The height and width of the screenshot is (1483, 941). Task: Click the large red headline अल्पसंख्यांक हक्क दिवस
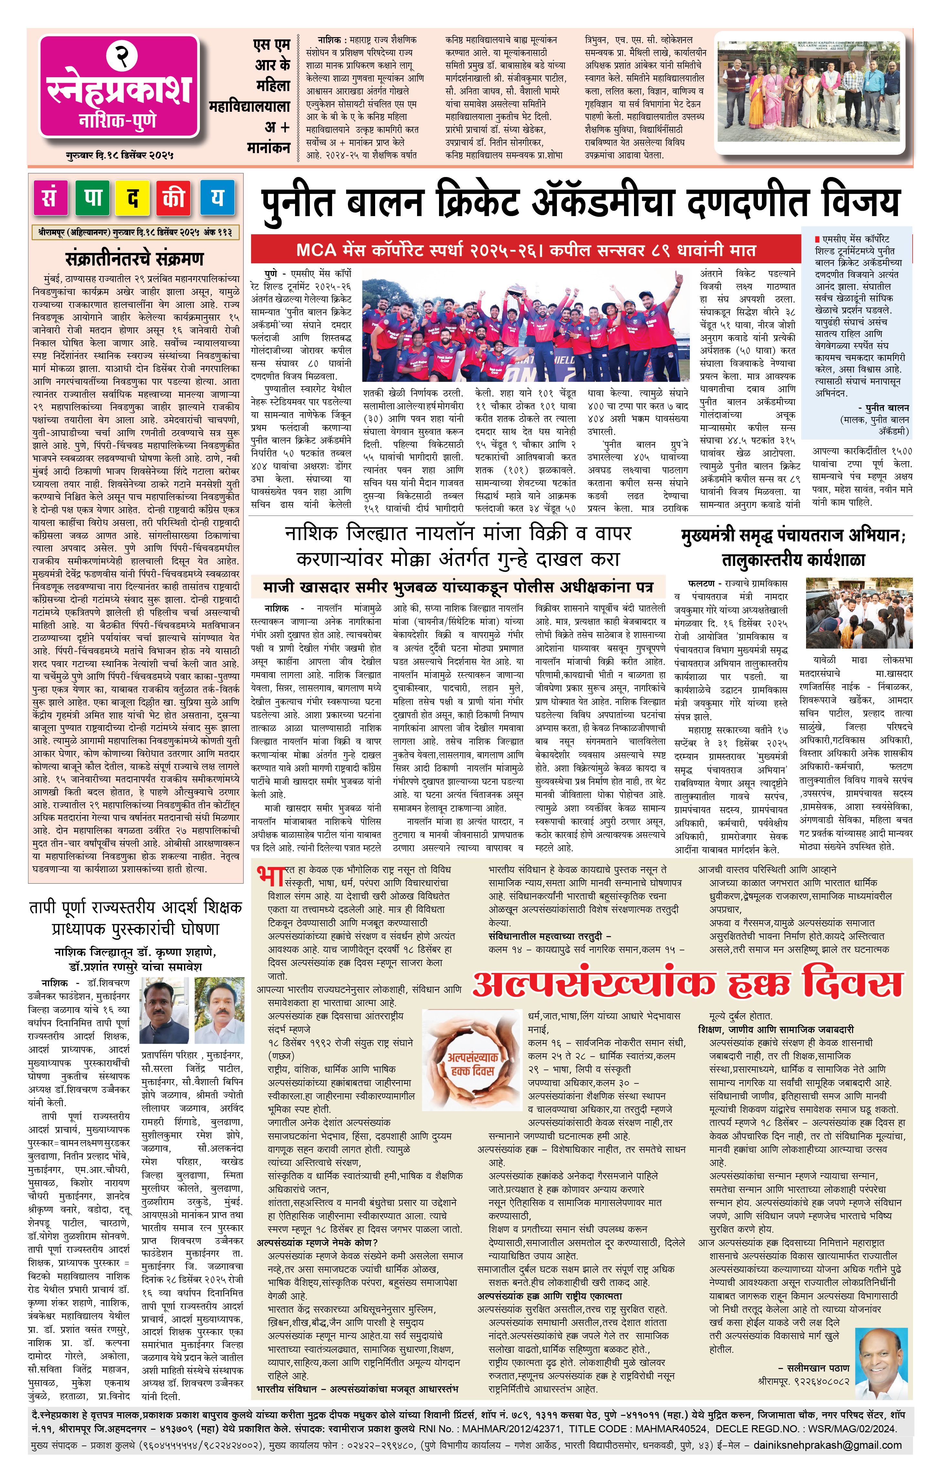coord(688,984)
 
